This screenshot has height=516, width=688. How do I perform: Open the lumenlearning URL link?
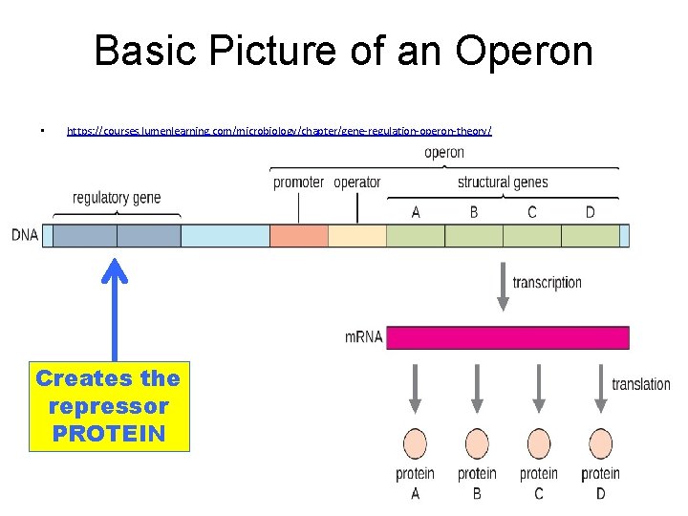278,129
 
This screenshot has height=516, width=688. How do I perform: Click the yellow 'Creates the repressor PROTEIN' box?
109,405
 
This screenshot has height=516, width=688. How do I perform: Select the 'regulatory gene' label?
117,198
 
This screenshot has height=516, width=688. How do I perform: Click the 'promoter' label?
298,183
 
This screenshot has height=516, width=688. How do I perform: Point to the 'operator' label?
357,183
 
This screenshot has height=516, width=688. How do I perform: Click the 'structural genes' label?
503,183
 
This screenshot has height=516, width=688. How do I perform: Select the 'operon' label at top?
444,153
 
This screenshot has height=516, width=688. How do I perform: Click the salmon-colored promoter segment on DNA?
299,235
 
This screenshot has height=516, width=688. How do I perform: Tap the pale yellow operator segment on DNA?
357,235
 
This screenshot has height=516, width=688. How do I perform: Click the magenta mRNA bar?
507,337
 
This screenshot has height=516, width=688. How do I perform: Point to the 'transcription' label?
547,282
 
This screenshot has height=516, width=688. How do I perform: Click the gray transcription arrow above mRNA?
503,288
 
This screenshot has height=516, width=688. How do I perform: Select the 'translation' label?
641,384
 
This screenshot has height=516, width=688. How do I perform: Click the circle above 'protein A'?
415,443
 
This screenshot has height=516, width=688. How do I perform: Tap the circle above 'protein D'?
600,443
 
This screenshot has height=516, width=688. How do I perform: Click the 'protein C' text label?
539,483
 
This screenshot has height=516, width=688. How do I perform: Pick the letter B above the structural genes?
474,212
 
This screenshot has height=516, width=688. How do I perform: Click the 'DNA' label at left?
25,235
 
